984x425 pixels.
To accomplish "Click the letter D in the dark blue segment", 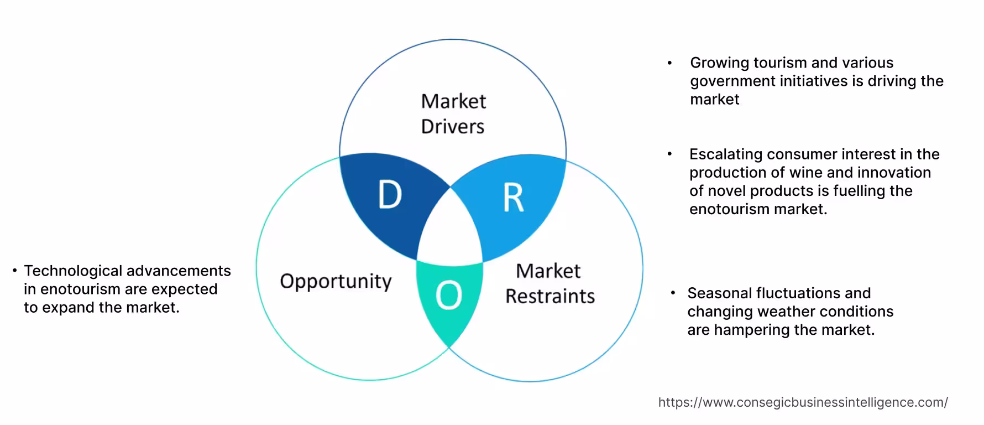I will click(x=390, y=195).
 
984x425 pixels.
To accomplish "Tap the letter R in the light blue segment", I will click(x=513, y=198).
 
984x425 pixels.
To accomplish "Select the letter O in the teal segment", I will click(x=448, y=296).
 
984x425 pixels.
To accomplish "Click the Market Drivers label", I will click(x=453, y=113).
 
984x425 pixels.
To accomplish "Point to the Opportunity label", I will click(x=336, y=281).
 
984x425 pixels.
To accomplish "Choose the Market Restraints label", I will click(x=549, y=283).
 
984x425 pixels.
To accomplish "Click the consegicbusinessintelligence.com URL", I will click(x=803, y=402).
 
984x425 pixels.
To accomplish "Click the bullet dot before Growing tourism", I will click(x=669, y=63).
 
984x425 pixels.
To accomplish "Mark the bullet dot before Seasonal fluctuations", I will click(x=673, y=292).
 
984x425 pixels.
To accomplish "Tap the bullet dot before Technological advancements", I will click(x=15, y=271).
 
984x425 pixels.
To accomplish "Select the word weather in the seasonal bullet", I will click(x=786, y=312).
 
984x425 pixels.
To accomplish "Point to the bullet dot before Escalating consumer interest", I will click(x=669, y=154).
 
